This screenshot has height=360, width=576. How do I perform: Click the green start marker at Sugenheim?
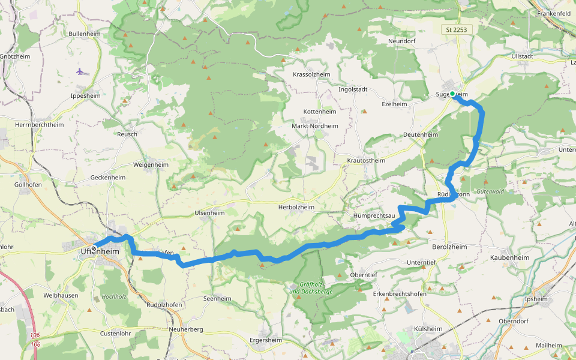click(452, 94)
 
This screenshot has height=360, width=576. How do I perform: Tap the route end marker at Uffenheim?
click(94, 248)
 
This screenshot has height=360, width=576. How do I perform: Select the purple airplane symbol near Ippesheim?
click(80, 71)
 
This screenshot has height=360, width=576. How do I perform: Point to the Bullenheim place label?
click(85, 34)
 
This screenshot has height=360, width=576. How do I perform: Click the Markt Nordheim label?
click(314, 126)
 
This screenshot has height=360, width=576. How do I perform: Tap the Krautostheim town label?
click(365, 161)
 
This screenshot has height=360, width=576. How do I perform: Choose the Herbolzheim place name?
click(296, 207)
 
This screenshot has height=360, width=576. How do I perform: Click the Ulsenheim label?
click(209, 213)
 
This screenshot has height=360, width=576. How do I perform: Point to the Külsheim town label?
click(428, 329)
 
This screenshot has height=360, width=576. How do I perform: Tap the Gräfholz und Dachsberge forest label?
click(310, 288)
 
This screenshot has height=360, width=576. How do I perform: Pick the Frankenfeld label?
click(553, 13)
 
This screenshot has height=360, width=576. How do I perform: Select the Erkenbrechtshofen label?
click(399, 293)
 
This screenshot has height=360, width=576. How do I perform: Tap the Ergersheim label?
click(265, 340)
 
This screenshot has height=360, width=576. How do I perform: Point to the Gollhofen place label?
click(28, 184)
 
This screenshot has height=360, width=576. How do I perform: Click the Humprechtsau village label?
click(373, 215)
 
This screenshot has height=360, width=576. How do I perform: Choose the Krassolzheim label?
click(311, 74)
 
